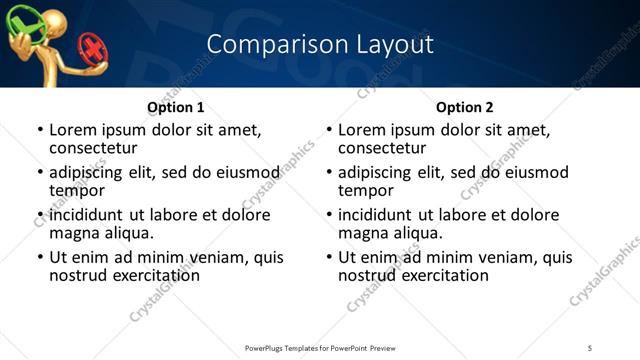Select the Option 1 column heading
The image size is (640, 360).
175,107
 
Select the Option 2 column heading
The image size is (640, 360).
464,107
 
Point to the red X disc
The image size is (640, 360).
93,49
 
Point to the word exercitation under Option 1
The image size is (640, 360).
151,275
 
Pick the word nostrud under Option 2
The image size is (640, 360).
367,275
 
